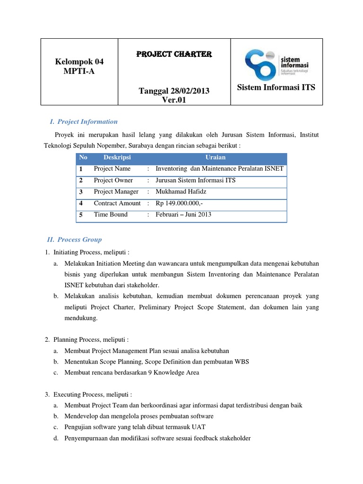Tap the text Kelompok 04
click(79, 61)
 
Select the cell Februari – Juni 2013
click(183, 215)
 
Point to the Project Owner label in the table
click(113, 181)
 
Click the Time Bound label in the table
click(111, 215)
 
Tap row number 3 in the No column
click(81, 192)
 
